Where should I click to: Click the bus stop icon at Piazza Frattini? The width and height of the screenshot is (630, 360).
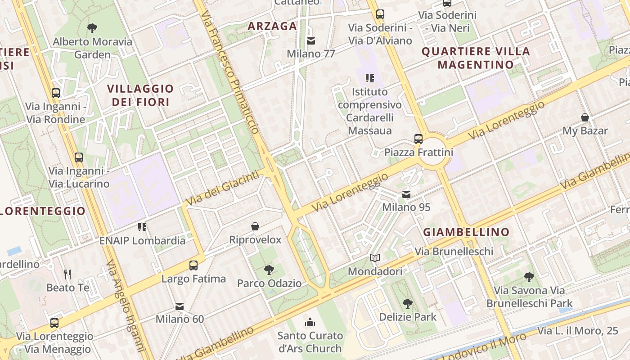418,139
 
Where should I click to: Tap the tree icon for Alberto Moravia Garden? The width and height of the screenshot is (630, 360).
92,28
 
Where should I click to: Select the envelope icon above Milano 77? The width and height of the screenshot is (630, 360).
310,41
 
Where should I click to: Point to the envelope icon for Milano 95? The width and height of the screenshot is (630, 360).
406,194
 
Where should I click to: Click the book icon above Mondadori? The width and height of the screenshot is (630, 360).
375,258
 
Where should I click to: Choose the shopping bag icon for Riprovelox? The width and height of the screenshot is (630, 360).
255,226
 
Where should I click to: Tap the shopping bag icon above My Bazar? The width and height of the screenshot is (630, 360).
585,117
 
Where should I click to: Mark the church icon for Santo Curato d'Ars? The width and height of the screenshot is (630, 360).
310,322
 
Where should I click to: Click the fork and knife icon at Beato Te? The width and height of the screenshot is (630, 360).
67,274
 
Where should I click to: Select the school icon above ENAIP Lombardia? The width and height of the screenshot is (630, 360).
142,227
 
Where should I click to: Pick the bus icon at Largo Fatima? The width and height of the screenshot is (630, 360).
193,265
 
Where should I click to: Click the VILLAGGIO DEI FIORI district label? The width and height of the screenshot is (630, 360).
140,95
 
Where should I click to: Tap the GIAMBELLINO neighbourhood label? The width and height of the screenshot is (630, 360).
466,232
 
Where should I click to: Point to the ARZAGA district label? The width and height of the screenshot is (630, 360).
272,26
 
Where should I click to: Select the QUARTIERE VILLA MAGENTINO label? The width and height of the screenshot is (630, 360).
476,58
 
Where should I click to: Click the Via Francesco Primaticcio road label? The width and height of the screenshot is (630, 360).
230,72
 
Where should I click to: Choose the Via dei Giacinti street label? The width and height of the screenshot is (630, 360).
223,188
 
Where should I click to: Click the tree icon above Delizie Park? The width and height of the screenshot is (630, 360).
407,303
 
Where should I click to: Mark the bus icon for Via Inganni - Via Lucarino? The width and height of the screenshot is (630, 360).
79,157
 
